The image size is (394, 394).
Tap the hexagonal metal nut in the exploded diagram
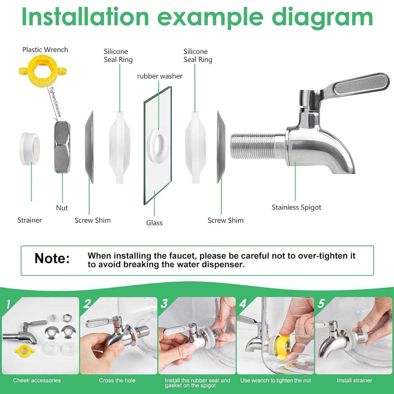click(62, 147)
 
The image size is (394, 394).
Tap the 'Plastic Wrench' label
click(45, 50)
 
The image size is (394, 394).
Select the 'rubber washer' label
click(160, 76)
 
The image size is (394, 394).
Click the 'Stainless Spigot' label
click(296, 208)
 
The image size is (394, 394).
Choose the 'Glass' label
click(154, 223)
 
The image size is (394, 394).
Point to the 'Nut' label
click(62, 208)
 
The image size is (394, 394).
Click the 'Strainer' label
click(30, 220)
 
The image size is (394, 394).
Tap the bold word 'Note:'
click(52, 258)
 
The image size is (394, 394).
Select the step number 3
click(164, 303)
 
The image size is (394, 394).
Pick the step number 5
click(321, 303)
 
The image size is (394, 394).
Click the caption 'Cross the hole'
click(117, 380)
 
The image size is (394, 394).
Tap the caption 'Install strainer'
click(355, 380)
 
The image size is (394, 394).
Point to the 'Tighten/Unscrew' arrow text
click(55, 102)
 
